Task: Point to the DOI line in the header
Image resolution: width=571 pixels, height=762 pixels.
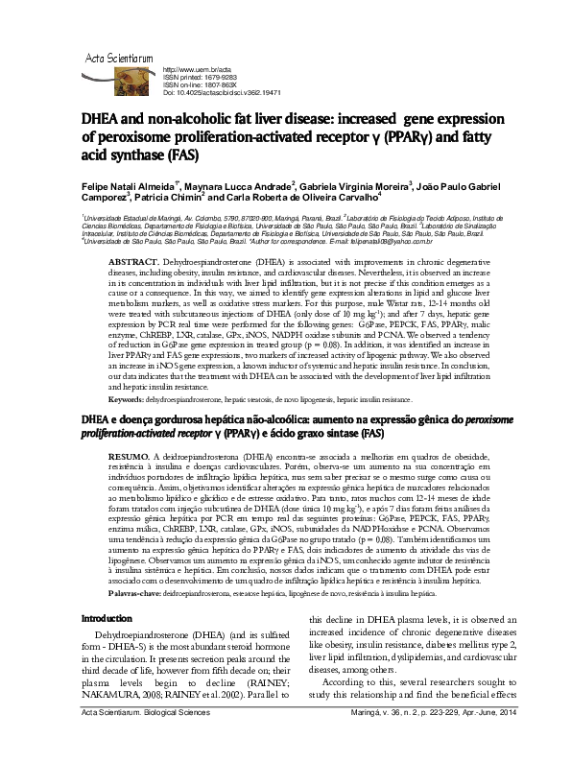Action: [x=223, y=93]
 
